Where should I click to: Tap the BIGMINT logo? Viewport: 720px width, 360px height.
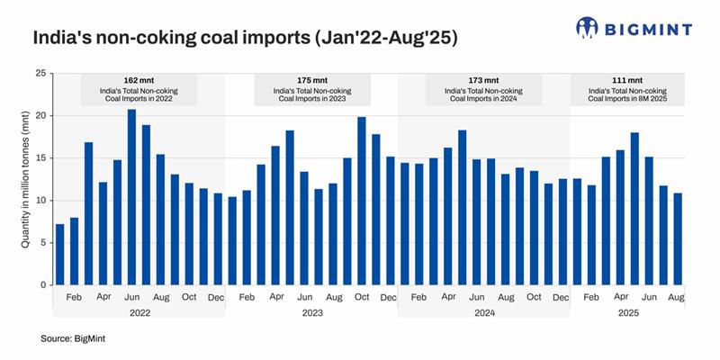click(634, 28)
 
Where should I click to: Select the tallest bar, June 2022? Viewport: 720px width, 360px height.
click(131, 197)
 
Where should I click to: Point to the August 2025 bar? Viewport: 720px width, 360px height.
click(676, 238)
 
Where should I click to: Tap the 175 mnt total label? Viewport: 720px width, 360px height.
click(310, 80)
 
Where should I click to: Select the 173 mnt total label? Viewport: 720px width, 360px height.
click(482, 80)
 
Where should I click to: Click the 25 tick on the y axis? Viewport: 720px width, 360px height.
click(40, 74)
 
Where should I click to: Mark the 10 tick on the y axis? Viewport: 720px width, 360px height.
click(40, 201)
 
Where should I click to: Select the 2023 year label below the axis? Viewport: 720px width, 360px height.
click(310, 312)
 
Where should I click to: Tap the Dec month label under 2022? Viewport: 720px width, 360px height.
click(217, 296)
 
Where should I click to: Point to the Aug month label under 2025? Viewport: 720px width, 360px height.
click(676, 296)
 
